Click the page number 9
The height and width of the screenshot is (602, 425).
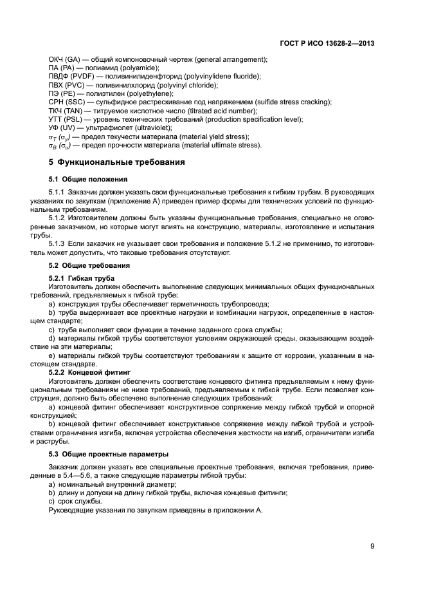click(x=372, y=547)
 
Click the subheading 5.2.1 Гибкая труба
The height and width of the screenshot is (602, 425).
click(x=82, y=277)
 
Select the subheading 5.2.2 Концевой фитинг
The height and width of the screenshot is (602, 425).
click(x=89, y=372)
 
